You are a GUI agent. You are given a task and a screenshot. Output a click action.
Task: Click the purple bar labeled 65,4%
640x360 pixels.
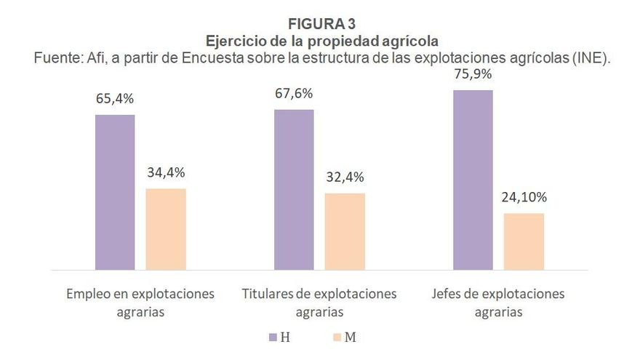point(115,192)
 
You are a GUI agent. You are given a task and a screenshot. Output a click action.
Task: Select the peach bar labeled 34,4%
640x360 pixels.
point(166,229)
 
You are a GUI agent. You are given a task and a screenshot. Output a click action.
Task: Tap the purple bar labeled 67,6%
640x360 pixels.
point(294,190)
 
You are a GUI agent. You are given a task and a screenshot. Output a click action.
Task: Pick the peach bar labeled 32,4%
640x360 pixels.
point(345,231)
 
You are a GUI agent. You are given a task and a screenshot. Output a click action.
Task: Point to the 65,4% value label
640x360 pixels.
point(115,99)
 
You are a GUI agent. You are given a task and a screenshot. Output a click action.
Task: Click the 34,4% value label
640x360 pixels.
point(166,172)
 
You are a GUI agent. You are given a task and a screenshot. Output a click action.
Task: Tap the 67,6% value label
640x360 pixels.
point(294,94)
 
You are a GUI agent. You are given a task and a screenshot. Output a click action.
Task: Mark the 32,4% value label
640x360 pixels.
point(345,177)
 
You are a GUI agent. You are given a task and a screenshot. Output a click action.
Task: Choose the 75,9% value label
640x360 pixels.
point(473,74)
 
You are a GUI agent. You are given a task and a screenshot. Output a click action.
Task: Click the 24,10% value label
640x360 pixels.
point(523,197)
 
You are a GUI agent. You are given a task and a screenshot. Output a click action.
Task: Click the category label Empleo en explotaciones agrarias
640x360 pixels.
point(140,303)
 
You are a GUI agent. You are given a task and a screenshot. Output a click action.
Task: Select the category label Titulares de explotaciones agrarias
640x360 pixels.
point(319,303)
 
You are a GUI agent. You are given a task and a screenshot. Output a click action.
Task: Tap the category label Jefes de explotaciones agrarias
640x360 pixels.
point(498,303)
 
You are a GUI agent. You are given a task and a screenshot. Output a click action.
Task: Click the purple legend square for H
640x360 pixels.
point(273,337)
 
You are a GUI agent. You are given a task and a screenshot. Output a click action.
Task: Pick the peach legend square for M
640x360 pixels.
point(335,337)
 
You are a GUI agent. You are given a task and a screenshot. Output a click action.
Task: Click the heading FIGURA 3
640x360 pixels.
point(321,23)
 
